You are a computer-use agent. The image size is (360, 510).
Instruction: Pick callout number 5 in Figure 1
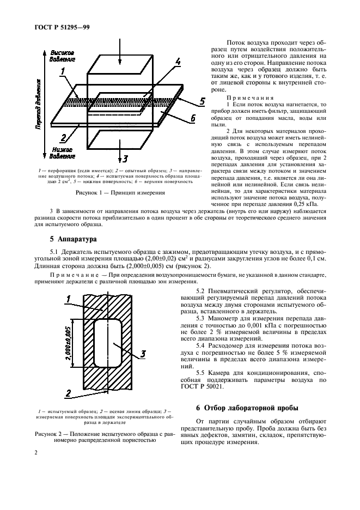click(x=202, y=101)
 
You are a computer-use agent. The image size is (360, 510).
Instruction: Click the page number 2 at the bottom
click(x=35, y=453)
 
